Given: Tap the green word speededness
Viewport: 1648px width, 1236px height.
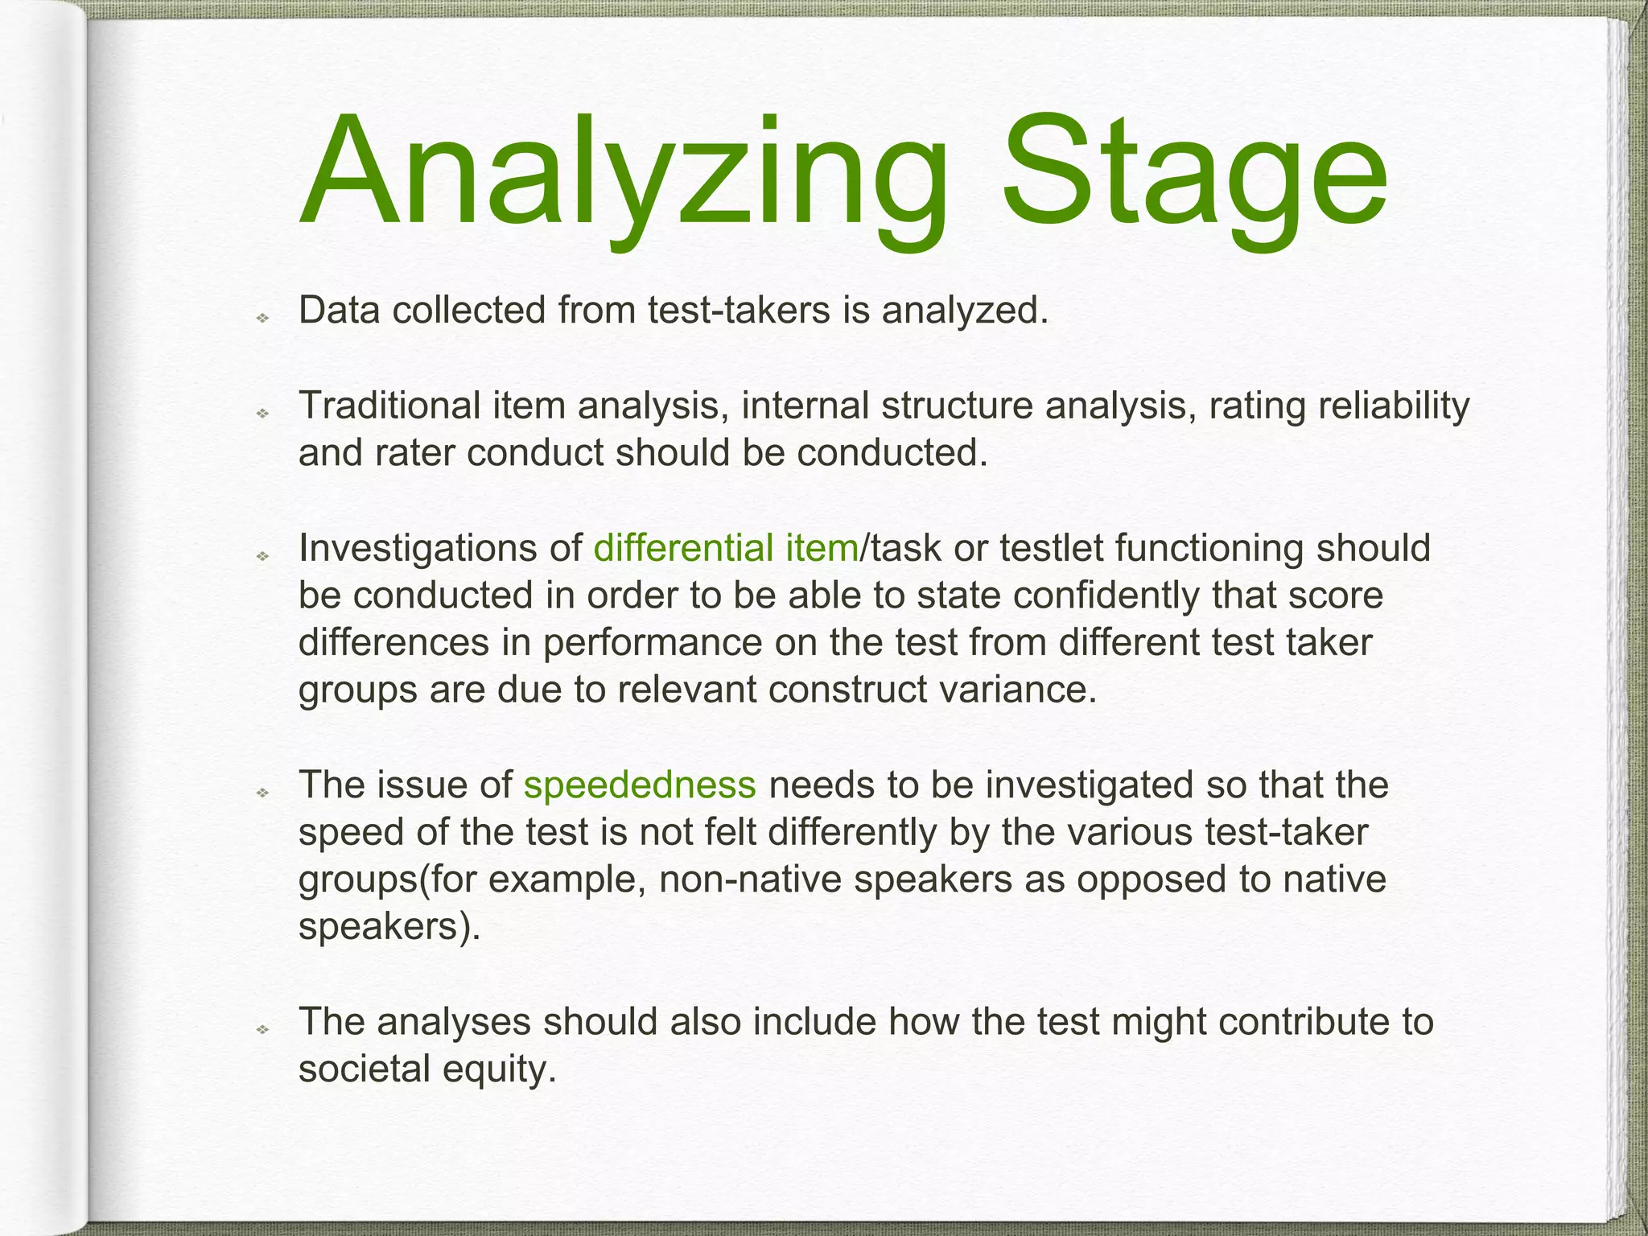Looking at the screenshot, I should point(640,785).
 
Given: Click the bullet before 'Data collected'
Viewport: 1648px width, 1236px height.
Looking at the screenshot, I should point(262,319).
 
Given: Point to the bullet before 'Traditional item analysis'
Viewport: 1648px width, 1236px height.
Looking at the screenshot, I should point(262,414).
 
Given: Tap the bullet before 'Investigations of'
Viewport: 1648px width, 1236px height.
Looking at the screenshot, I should point(262,556).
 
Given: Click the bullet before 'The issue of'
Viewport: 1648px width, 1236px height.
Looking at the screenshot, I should point(262,793).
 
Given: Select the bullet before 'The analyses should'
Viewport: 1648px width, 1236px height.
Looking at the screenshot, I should point(262,1029).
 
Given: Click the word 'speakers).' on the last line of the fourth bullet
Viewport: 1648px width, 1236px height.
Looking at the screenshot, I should point(389,927).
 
